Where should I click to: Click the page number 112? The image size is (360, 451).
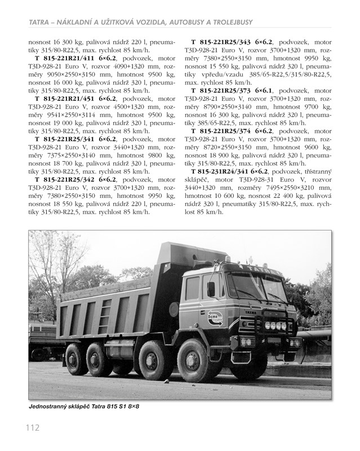pyautogui.click(x=32, y=427)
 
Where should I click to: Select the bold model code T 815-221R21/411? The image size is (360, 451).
pyautogui.click(x=73, y=57)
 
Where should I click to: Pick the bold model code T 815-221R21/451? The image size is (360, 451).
pyautogui.click(x=73, y=98)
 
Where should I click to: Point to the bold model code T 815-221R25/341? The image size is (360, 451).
pyautogui.click(x=73, y=139)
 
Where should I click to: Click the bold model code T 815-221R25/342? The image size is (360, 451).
pyautogui.click(x=73, y=180)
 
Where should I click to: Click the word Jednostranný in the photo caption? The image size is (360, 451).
pyautogui.click(x=51, y=406)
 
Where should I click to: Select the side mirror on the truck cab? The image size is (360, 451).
pyautogui.click(x=211, y=289)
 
